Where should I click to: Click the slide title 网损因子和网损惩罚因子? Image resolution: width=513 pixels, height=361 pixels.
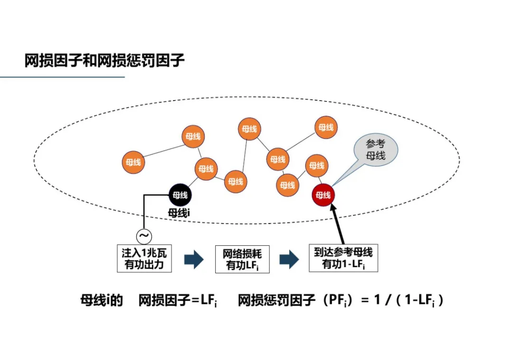click(x=104, y=60)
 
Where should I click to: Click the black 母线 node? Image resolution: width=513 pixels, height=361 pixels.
click(x=180, y=195)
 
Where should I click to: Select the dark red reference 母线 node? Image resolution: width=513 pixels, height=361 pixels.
click(x=323, y=195)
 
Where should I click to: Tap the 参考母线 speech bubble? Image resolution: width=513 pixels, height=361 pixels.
click(x=375, y=149)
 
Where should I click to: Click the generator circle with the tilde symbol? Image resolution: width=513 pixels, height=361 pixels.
click(x=143, y=235)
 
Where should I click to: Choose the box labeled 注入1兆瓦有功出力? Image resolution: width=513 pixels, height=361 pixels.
click(x=144, y=258)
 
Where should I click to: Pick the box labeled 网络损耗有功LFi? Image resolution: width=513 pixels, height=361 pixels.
click(x=242, y=259)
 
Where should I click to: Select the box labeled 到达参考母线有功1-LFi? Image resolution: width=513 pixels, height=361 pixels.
click(x=343, y=258)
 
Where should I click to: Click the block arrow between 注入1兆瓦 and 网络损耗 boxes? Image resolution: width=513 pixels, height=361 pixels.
click(x=193, y=259)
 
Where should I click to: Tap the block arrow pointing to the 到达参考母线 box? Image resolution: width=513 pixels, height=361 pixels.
click(x=289, y=259)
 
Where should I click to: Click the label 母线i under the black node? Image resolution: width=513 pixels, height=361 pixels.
click(x=179, y=213)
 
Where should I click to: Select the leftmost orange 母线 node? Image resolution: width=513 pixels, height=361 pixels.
click(x=133, y=162)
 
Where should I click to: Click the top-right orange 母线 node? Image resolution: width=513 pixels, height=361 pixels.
click(x=326, y=127)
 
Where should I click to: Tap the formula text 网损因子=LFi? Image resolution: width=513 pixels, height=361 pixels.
click(x=178, y=301)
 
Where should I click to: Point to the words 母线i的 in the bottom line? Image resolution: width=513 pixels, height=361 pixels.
click(x=101, y=301)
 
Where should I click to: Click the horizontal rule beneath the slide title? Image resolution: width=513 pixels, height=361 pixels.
click(x=62, y=77)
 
